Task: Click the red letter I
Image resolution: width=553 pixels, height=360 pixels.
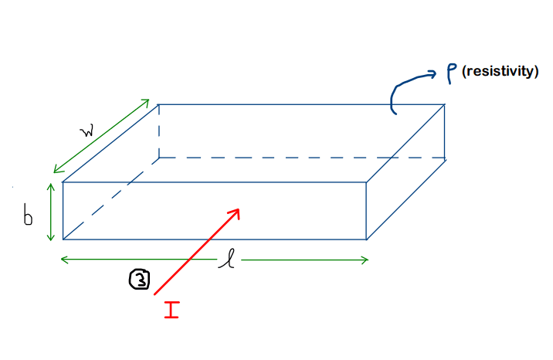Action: [x=171, y=310]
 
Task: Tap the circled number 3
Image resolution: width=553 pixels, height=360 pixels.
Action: [x=139, y=280]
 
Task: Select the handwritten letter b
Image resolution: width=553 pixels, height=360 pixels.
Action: [x=28, y=214]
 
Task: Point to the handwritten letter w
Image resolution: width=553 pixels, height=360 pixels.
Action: [x=87, y=131]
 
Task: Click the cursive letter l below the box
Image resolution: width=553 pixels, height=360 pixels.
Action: [x=228, y=259]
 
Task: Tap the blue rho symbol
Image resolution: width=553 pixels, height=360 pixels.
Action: [x=451, y=73]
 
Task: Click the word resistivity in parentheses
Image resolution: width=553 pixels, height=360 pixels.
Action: [x=500, y=71]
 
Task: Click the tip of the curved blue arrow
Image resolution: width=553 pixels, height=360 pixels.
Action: [x=436, y=73]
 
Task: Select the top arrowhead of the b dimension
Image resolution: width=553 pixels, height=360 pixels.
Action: [x=51, y=184]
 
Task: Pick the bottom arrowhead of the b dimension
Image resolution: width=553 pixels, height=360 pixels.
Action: [x=51, y=240]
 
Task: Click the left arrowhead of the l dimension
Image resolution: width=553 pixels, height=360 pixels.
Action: [x=61, y=260]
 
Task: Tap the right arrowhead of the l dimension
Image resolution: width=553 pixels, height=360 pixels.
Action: [x=368, y=260]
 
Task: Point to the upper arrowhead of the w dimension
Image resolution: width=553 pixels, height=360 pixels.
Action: [x=149, y=100]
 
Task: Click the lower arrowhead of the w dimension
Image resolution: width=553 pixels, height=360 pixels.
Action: [x=54, y=172]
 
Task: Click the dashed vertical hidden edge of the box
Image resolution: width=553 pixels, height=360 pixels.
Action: [x=159, y=131]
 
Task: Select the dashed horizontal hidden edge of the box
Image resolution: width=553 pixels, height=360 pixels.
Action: [x=302, y=158]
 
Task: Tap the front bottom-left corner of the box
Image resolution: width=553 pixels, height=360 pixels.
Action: [x=63, y=239]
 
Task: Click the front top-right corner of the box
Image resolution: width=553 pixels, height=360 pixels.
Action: [x=366, y=182]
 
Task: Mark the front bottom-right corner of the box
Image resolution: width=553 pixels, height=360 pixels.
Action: [x=366, y=239]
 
